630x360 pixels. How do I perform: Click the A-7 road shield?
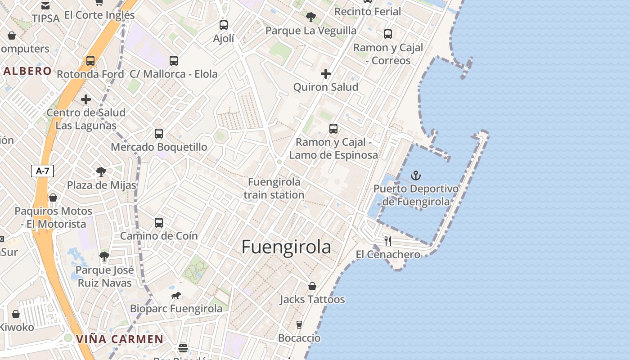[42, 171]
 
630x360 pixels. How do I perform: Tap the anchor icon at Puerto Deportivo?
[416, 175]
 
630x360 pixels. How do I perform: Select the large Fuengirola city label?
[286, 247]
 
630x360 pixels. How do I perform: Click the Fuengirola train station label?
[274, 189]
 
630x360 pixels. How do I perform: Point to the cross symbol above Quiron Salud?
[326, 74]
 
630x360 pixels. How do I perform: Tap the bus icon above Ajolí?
[224, 25]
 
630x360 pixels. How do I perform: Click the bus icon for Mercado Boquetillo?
[159, 133]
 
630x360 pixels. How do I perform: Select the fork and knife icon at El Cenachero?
[388, 241]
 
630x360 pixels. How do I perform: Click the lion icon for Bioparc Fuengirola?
[176, 296]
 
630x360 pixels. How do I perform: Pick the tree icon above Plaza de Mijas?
[101, 171]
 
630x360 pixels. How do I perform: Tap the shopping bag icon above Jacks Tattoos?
[312, 286]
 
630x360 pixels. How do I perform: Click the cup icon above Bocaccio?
[299, 325]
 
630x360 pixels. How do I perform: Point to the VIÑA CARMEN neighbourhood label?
[120, 339]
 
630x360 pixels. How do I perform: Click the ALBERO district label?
[28, 71]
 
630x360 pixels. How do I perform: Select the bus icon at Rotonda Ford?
[90, 61]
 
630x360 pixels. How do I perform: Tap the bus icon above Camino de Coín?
[159, 222]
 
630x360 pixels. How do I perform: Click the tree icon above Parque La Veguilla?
[310, 17]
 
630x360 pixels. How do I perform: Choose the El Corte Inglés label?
[99, 15]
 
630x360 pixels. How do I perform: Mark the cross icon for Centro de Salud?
[86, 99]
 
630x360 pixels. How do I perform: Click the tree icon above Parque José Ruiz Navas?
[104, 256]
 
